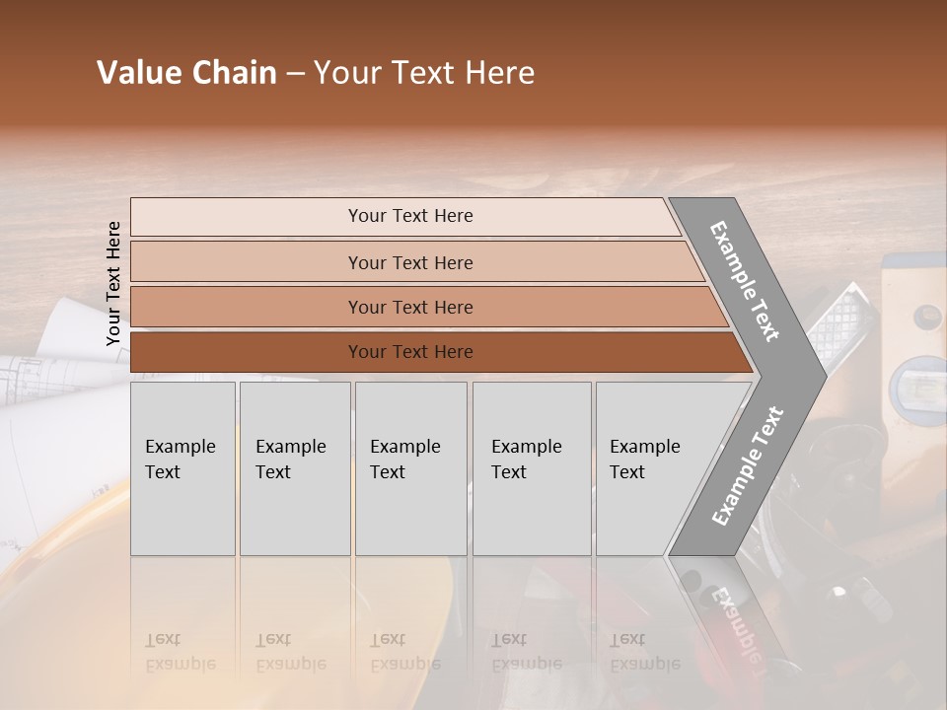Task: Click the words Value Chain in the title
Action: (186, 74)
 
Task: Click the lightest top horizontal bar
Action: (409, 216)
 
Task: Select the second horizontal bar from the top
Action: (409, 262)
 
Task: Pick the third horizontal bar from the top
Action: (409, 307)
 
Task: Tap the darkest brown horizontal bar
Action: (409, 352)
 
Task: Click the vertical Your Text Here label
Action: (113, 283)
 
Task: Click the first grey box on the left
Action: (182, 468)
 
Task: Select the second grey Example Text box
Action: (294, 468)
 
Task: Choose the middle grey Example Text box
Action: (410, 468)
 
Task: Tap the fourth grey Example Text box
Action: (532, 468)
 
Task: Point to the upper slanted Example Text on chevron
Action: (745, 281)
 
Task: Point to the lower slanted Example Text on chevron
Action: (748, 466)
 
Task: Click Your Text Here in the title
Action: (424, 74)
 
